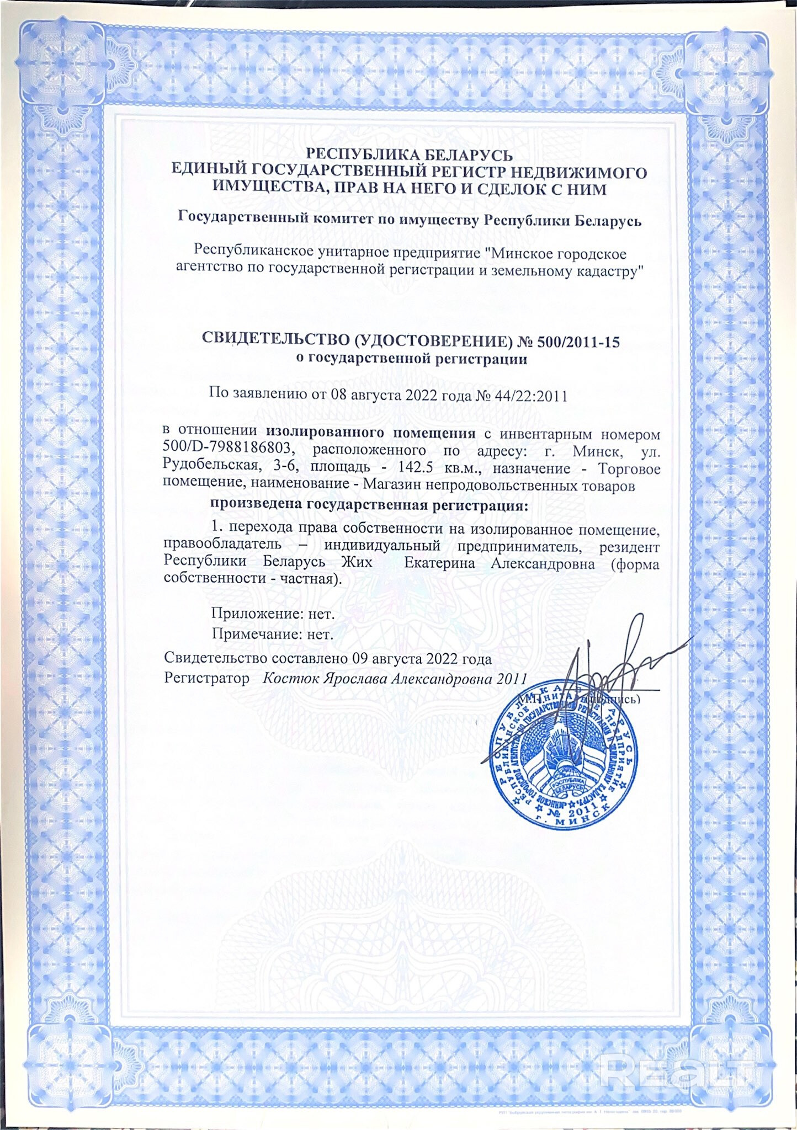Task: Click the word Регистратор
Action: tap(206, 678)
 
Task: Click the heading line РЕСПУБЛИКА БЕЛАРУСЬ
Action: tap(409, 155)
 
